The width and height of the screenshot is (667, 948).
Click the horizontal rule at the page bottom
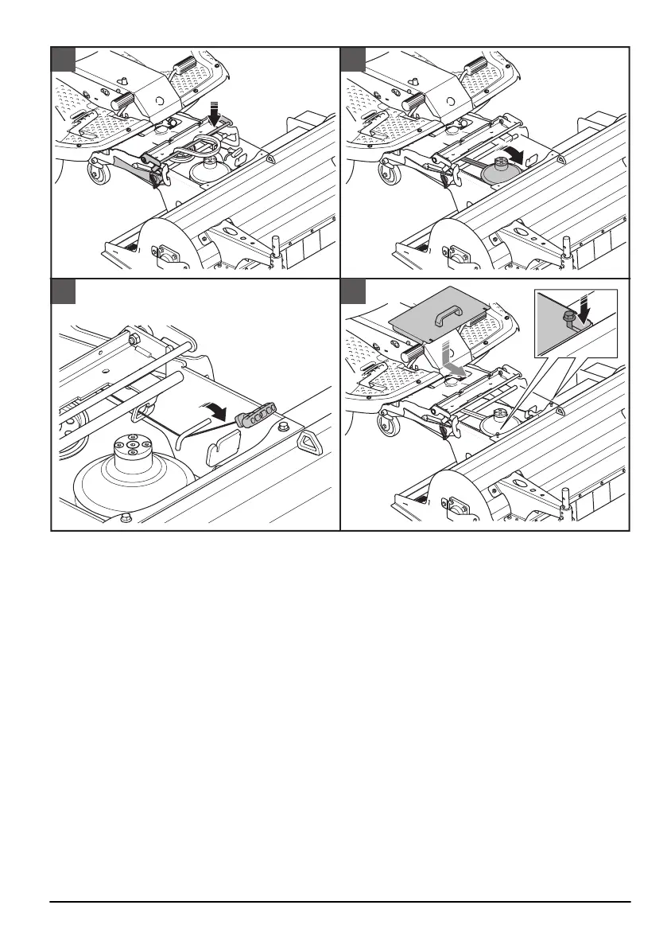click(x=340, y=902)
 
